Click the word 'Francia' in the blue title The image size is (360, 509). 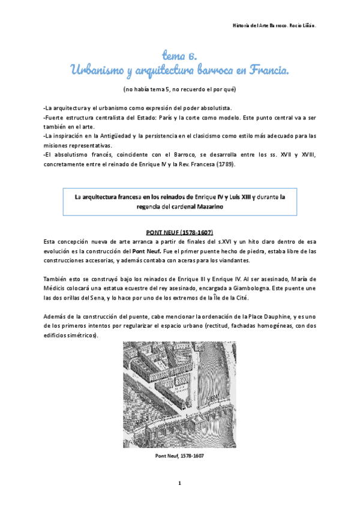coord(263,71)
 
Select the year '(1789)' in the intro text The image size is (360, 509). coord(224,164)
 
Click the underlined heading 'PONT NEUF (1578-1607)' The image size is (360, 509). coord(179,232)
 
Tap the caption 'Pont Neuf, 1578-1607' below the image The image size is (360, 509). coord(179,456)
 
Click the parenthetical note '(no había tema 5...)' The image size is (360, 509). coord(179,89)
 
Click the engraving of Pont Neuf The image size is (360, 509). coord(179,395)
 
